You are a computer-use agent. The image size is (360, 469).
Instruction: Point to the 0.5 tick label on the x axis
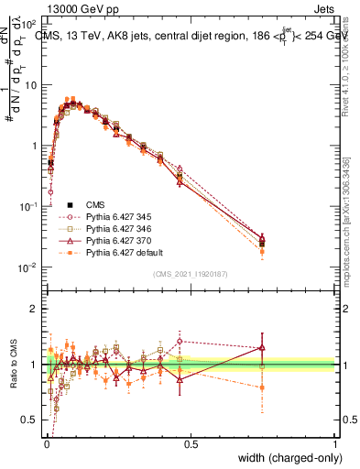tap(191, 444)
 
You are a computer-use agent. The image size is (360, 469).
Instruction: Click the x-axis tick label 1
tap(335, 444)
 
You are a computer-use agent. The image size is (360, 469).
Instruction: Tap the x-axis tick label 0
tap(47, 444)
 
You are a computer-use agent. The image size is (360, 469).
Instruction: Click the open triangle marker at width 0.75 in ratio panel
tap(262, 347)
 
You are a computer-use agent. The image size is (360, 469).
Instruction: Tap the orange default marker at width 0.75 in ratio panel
tap(262, 387)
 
